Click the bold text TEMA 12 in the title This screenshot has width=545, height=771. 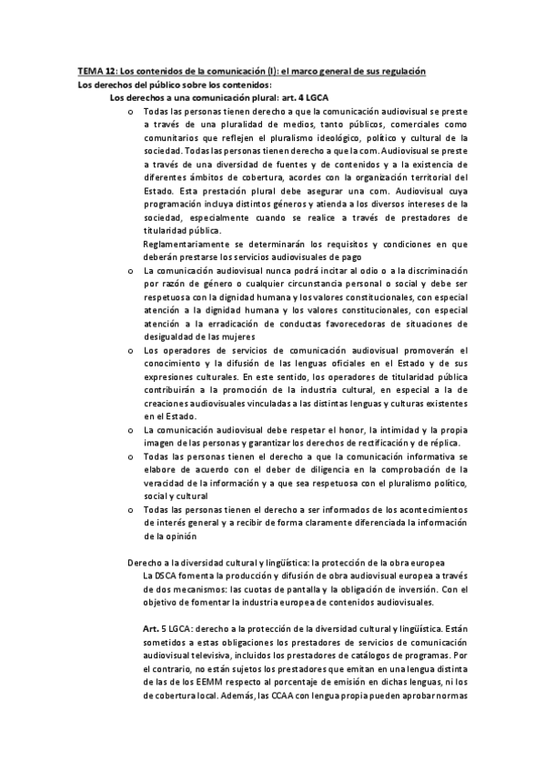96,72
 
